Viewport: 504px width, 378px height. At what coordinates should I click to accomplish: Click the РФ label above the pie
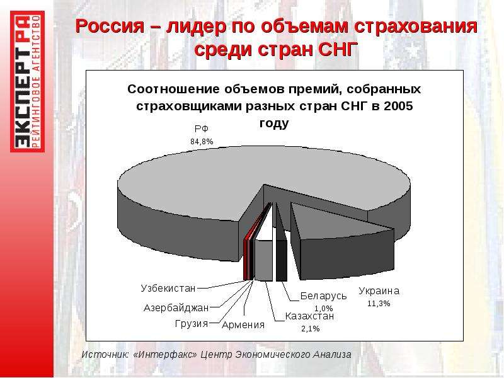click(202, 129)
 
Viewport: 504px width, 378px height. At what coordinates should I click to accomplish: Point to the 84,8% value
click(202, 141)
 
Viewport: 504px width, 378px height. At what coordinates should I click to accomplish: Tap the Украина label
click(379, 291)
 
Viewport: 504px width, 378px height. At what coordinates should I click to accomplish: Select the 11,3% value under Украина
click(379, 304)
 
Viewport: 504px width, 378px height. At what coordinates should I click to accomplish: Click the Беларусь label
click(323, 296)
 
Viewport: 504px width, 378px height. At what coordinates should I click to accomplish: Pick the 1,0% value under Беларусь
click(323, 309)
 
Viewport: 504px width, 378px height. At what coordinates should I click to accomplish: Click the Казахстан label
click(309, 316)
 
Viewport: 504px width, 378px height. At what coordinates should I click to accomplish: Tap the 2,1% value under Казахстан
click(311, 329)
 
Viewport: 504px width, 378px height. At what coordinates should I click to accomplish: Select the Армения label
click(243, 325)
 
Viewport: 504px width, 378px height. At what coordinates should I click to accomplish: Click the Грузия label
click(192, 323)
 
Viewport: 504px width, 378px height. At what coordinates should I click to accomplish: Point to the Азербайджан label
click(176, 308)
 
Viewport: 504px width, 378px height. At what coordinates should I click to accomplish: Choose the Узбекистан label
click(168, 289)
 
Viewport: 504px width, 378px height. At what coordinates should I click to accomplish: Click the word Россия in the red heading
click(110, 26)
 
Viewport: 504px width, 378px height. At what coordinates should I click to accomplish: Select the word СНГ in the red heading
click(338, 49)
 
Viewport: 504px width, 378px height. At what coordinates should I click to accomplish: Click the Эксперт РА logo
click(27, 81)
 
